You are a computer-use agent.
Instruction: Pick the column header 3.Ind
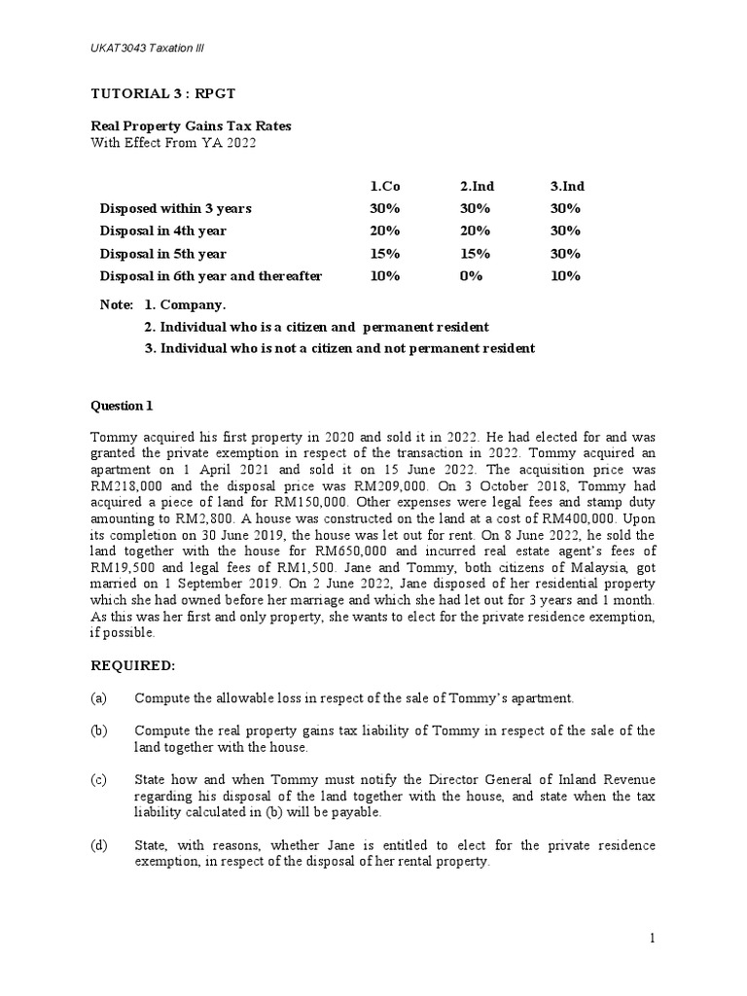[x=567, y=186]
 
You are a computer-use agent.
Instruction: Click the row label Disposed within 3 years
[x=175, y=208]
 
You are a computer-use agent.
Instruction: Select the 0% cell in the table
[x=471, y=276]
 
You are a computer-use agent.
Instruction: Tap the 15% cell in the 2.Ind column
[x=475, y=254]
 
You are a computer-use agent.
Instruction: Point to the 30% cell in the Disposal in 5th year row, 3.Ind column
[x=565, y=254]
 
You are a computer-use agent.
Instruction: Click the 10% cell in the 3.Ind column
[x=565, y=276]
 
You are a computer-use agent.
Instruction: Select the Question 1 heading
[x=122, y=406]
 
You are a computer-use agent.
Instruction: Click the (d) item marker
[x=98, y=845]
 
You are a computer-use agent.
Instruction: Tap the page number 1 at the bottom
[x=652, y=938]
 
